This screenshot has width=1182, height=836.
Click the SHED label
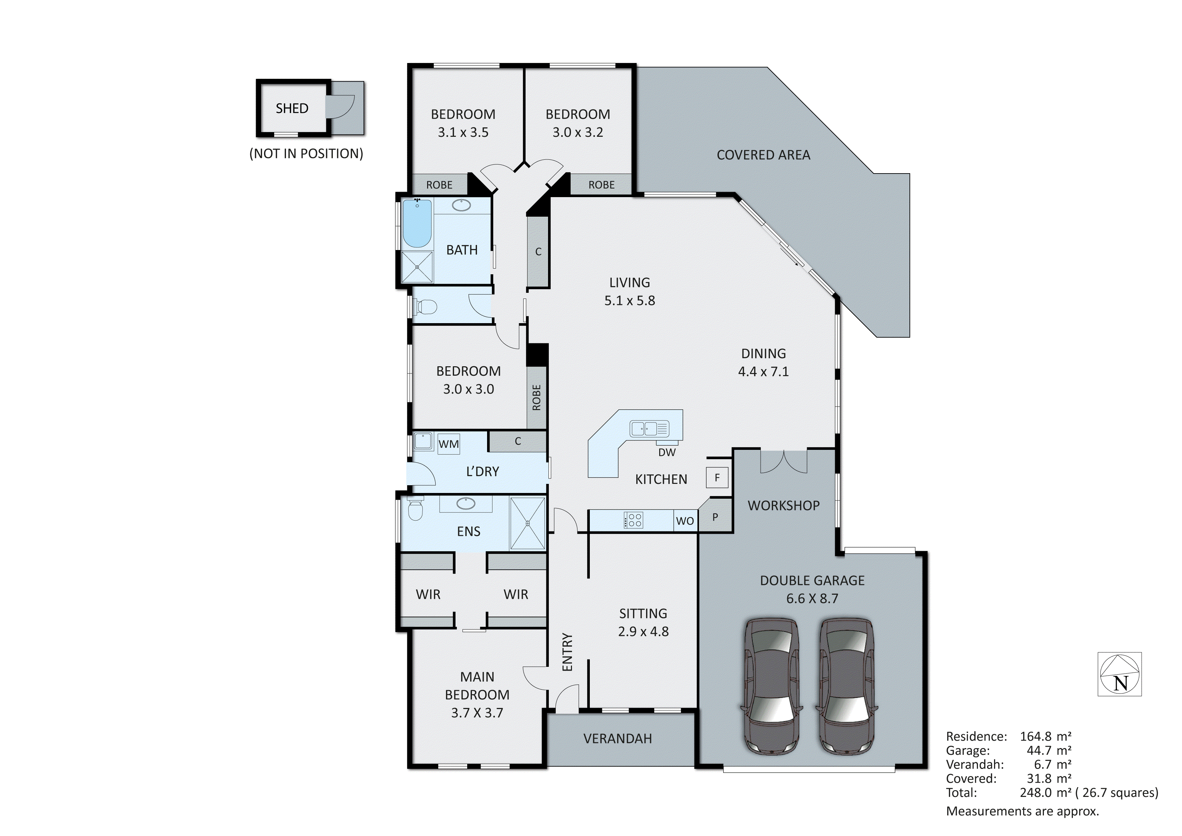[292, 109]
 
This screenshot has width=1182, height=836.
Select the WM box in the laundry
[448, 444]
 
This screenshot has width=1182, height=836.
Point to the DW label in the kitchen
[667, 452]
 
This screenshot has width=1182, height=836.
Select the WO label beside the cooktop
[685, 521]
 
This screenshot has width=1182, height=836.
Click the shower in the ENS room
[527, 523]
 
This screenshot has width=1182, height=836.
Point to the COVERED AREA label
[763, 155]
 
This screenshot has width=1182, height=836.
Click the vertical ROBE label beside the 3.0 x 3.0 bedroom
[536, 397]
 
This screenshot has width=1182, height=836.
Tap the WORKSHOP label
[783, 505]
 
